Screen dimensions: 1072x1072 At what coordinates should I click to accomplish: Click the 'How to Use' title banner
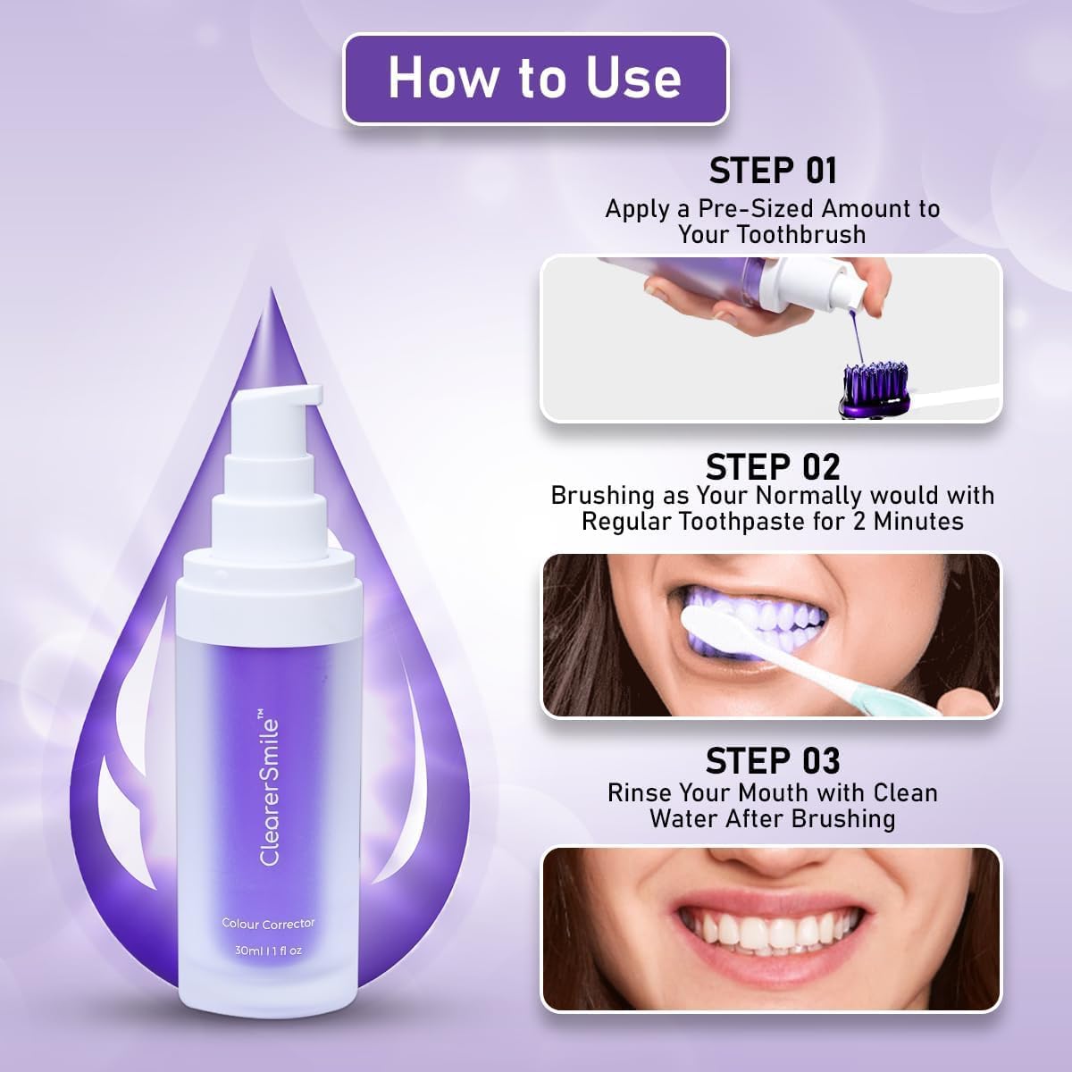click(x=535, y=79)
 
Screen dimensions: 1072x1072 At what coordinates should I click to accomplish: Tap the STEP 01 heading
click(x=773, y=171)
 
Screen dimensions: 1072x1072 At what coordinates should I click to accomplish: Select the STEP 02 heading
click(x=773, y=466)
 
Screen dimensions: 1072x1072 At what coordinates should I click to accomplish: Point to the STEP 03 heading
click(x=773, y=761)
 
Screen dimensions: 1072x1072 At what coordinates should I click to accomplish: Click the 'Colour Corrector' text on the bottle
click(x=268, y=923)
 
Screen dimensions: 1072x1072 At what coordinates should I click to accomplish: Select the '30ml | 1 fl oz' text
click(x=268, y=951)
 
